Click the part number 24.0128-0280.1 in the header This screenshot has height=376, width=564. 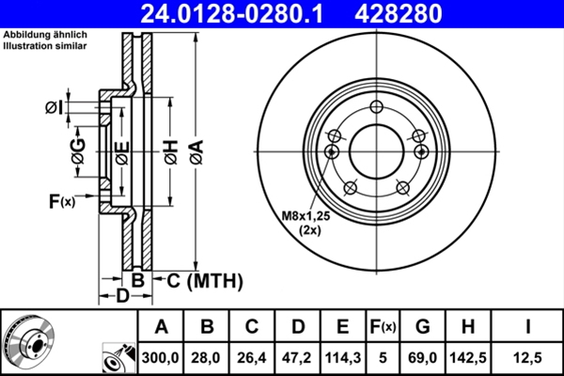coord(231,14)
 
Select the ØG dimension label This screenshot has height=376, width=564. coord(78,150)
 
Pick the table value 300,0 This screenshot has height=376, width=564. coord(162,357)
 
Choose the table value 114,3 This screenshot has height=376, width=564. coord(343,357)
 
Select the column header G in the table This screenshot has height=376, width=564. coord(423,328)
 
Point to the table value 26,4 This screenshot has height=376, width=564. coord(252,357)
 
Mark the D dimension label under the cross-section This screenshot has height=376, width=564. coord(121,297)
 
